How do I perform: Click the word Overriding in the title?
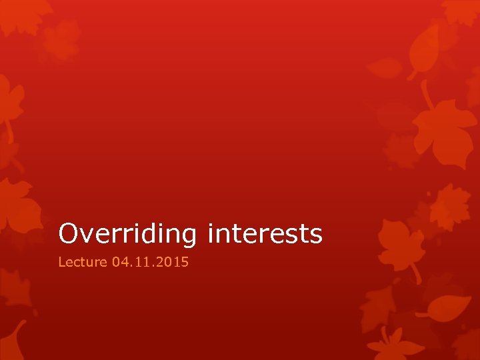coord(127,234)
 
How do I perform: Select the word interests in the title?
coord(265,234)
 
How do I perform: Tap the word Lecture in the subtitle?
coord(83,262)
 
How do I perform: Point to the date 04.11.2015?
coord(151,262)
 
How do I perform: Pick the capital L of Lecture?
coord(61,262)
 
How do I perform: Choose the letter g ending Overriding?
coord(189,237)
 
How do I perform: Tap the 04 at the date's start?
coord(120,262)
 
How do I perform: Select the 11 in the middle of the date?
coord(140,262)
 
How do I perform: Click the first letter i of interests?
coord(211,234)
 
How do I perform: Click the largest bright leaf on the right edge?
coord(443,130)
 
